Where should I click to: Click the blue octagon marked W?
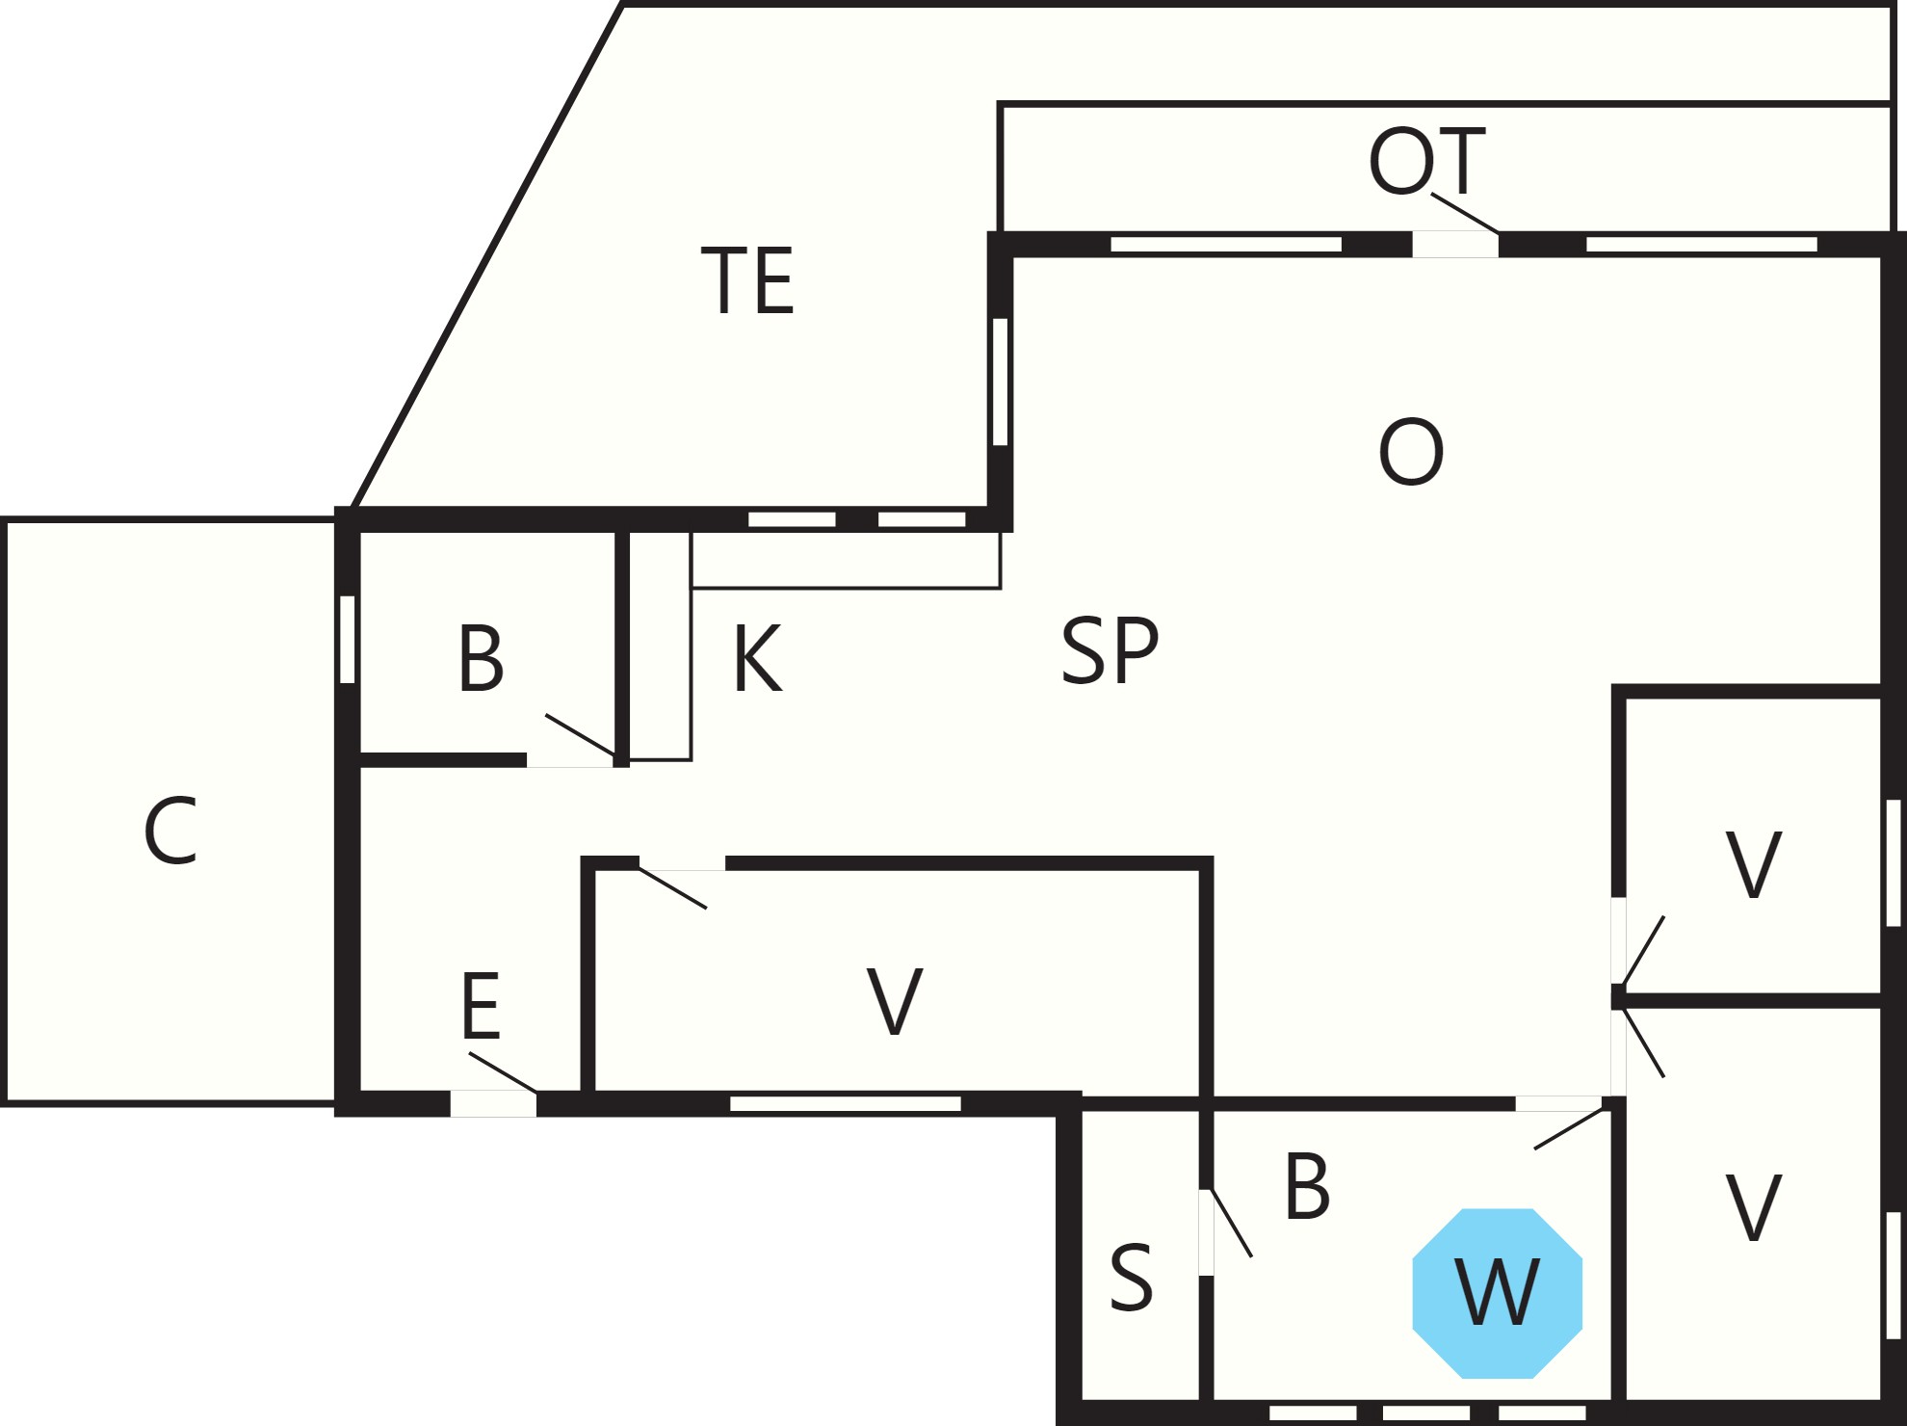pyautogui.click(x=1498, y=1293)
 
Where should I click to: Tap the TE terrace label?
pyautogui.click(x=747, y=280)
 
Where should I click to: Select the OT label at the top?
pyautogui.click(x=1427, y=161)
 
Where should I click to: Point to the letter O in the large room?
pyautogui.click(x=1411, y=452)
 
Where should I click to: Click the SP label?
pyautogui.click(x=1110, y=651)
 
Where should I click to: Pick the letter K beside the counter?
pyautogui.click(x=758, y=658)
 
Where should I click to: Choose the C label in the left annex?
pyautogui.click(x=171, y=831)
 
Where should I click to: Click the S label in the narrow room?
pyautogui.click(x=1131, y=1278)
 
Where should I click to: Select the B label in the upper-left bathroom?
pyautogui.click(x=481, y=658)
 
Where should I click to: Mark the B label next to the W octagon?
pyautogui.click(x=1307, y=1186)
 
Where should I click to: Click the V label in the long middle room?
pyautogui.click(x=895, y=1002)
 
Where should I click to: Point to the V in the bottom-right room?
pyautogui.click(x=1753, y=1207)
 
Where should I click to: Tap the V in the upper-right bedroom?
pyautogui.click(x=1753, y=864)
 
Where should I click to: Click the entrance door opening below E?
pyautogui.click(x=493, y=1103)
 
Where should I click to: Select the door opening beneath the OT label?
pyautogui.click(x=1455, y=245)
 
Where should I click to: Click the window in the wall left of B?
pyautogui.click(x=348, y=640)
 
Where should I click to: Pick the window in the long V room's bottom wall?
pyautogui.click(x=846, y=1104)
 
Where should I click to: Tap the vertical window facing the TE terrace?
pyautogui.click(x=1000, y=382)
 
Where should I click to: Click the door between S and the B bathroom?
pyautogui.click(x=1206, y=1232)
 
